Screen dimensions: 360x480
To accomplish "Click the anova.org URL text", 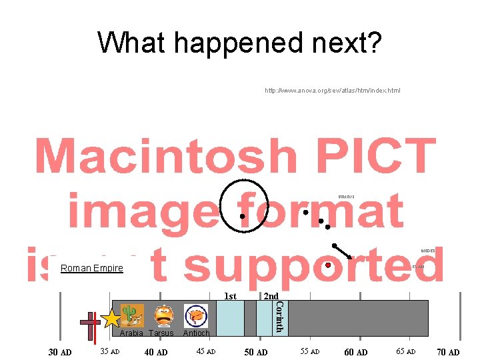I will pyautogui.click(x=333, y=90).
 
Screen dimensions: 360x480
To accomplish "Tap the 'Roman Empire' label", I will pyautogui.click(x=91, y=268).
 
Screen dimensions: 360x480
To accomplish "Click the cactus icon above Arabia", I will pyautogui.click(x=131, y=315).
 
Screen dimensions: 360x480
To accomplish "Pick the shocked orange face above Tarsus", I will pyautogui.click(x=163, y=315).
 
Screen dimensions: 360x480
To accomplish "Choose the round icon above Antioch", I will pyautogui.click(x=196, y=315).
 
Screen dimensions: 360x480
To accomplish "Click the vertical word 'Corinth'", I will pyautogui.click(x=280, y=317).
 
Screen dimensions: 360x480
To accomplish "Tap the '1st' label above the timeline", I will pyautogui.click(x=229, y=296).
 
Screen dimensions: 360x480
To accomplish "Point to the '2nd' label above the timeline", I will pyautogui.click(x=271, y=296).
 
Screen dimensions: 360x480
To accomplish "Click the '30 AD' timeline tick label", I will pyautogui.click(x=61, y=352).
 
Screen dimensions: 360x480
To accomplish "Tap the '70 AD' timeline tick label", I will pyautogui.click(x=447, y=352).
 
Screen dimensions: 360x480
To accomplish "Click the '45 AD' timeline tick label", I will pyautogui.click(x=205, y=351).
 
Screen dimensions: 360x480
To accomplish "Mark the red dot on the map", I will pyautogui.click(x=327, y=265).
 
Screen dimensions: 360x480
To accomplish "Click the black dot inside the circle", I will pyautogui.click(x=242, y=216).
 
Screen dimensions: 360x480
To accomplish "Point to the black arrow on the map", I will pyautogui.click(x=343, y=251).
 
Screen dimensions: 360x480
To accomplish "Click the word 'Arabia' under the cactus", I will pyautogui.click(x=131, y=333).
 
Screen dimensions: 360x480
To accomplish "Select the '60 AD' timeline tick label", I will pyautogui.click(x=355, y=352).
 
